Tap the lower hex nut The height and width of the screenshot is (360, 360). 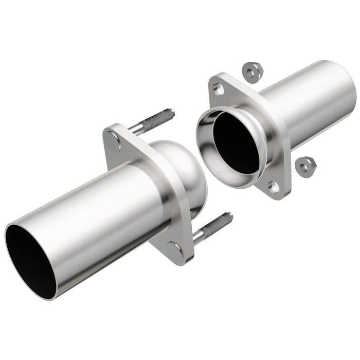306,164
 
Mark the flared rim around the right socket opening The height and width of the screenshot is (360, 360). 206,149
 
